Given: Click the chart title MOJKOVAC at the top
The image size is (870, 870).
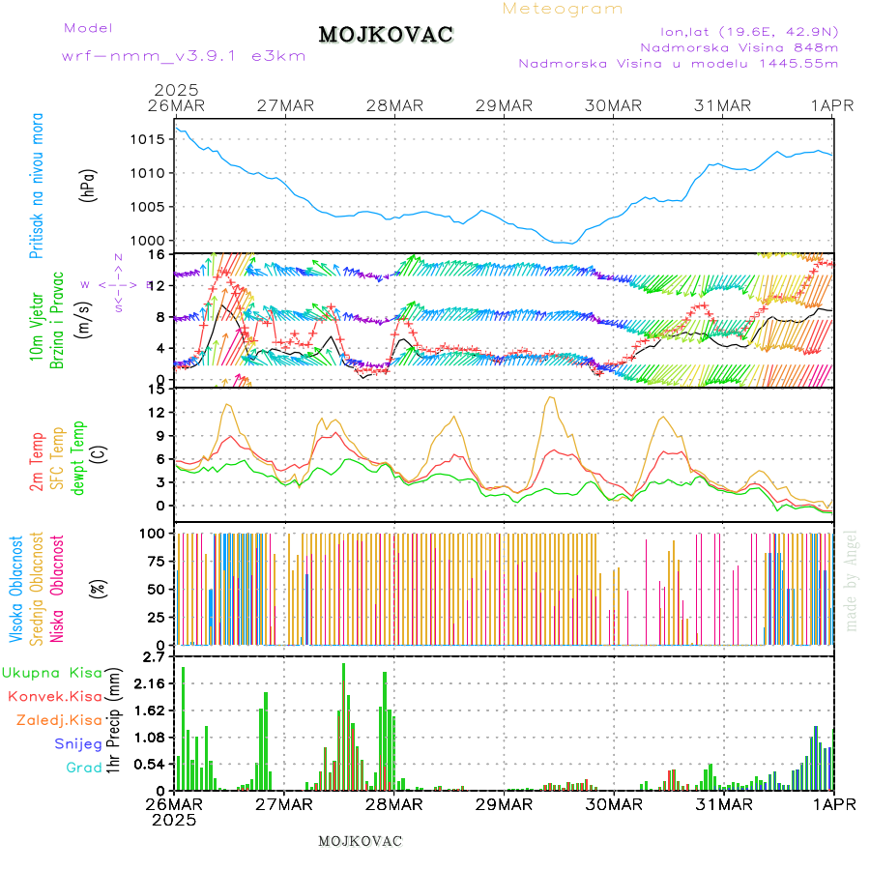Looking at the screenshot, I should coord(386,35).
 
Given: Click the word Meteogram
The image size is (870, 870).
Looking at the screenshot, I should coord(563,9).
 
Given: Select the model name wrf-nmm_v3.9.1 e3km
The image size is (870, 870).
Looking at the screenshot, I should coord(184,55).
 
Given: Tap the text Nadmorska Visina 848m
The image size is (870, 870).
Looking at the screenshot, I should coord(739,46).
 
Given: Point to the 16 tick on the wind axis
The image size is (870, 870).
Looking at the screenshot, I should coord(155,254).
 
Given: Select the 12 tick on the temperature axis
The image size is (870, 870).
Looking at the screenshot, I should coord(155,412).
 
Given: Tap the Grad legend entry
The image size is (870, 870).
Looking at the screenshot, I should coord(84,768).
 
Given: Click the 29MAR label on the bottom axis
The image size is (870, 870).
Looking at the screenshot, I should coord(504,804).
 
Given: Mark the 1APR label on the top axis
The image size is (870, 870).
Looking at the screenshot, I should coord(832,104).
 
